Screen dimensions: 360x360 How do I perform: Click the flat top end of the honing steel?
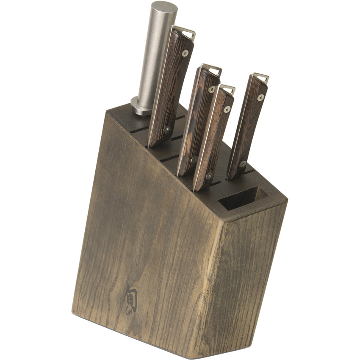(x=164, y=7)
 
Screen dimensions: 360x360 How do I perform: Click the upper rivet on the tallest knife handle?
(x=185, y=53)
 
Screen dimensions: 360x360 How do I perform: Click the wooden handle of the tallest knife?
(x=172, y=89)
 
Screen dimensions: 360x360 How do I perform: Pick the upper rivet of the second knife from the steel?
(x=211, y=89)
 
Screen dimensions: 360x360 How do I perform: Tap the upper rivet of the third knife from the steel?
(x=227, y=109)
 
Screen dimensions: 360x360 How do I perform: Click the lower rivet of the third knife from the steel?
(x=209, y=175)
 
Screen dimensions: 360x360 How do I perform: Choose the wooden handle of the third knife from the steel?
(x=216, y=140)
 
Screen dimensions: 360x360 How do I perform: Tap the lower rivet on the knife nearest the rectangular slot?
(x=243, y=163)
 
